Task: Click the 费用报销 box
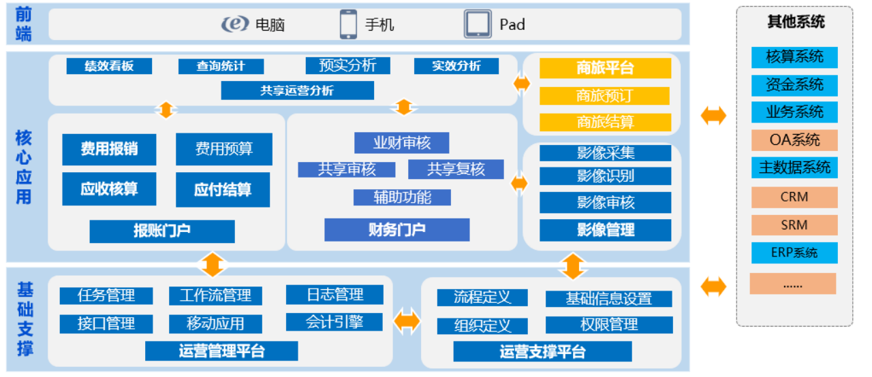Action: point(109,149)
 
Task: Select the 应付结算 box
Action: point(223,189)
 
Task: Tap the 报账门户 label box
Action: point(161,231)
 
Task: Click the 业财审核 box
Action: point(401,143)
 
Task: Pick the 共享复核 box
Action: point(456,169)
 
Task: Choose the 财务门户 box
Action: point(396,229)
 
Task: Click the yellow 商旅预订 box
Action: point(605,96)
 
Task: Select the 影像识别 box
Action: point(605,176)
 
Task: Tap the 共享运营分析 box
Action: point(297,90)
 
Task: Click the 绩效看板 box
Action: point(109,66)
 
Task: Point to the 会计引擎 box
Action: point(334,322)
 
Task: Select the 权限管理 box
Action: point(608,325)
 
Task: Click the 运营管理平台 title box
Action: point(221,351)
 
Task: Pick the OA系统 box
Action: point(794,140)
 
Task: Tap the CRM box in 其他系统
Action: point(794,197)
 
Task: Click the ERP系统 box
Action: point(794,252)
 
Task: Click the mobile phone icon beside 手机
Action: point(348,24)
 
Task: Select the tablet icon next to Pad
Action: point(478,24)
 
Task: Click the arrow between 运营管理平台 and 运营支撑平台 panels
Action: point(407,321)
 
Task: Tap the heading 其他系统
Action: point(796,22)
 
